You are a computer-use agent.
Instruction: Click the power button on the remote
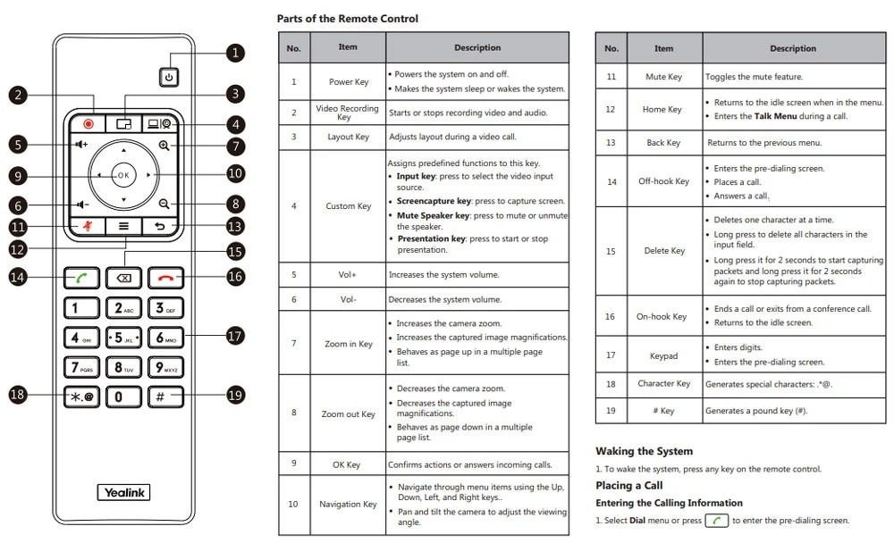[168, 78]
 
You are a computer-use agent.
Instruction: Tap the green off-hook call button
[82, 277]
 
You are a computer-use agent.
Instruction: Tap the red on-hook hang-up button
[165, 277]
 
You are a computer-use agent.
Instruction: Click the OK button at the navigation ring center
[123, 175]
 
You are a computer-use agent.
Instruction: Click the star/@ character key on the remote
[82, 396]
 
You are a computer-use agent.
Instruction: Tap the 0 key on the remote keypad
[123, 396]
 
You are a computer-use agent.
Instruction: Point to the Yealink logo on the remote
[123, 492]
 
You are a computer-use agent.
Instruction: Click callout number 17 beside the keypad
[234, 337]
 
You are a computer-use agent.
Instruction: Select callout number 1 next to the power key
[234, 53]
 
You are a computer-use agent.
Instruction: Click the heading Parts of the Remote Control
[347, 19]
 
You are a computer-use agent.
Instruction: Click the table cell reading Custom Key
[348, 206]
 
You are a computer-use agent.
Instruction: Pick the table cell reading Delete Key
[663, 251]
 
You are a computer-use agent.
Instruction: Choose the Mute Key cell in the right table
[663, 77]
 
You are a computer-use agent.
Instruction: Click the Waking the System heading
[644, 451]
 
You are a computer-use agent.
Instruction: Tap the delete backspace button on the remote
[123, 277]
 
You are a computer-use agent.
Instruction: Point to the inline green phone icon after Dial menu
[716, 521]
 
